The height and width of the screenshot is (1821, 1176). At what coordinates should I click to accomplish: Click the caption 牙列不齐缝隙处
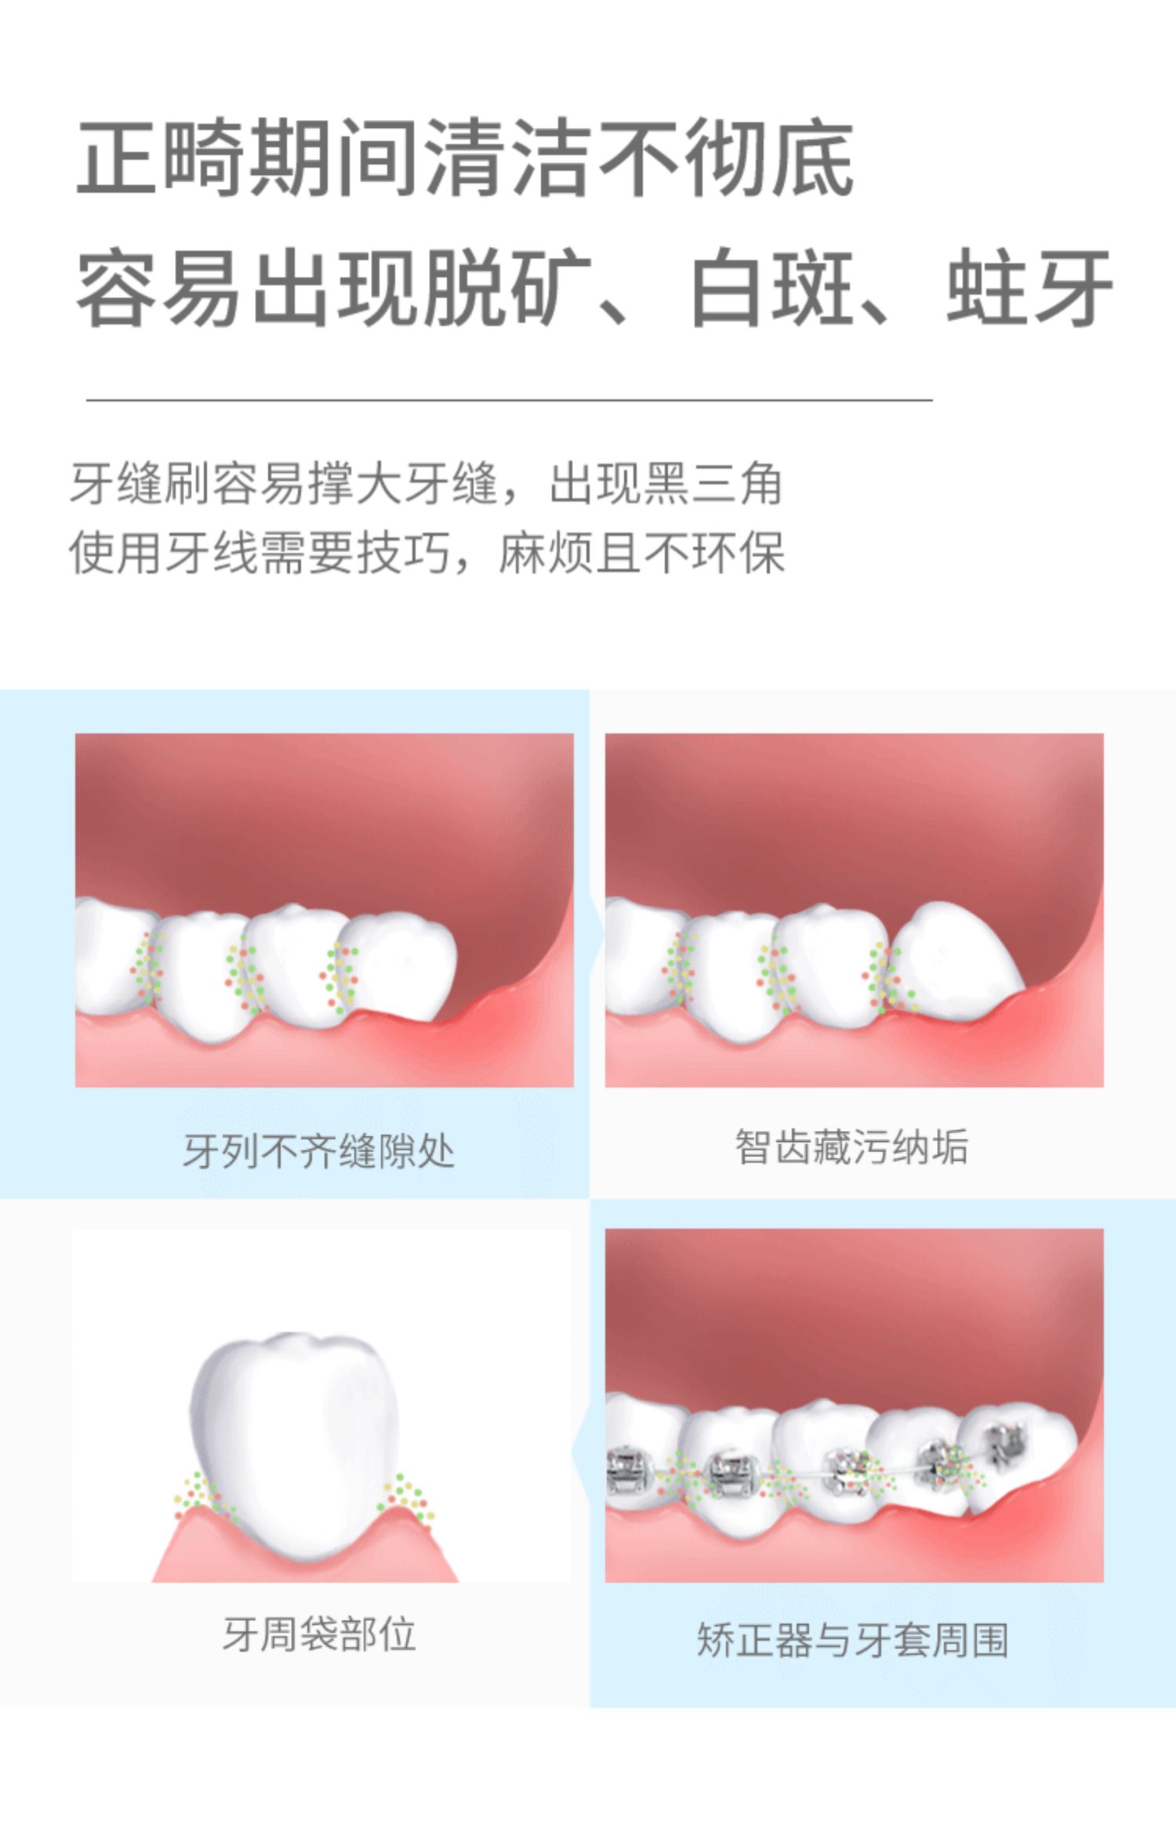(319, 1151)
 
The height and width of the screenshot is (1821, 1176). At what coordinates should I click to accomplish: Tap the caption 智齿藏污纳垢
(852, 1147)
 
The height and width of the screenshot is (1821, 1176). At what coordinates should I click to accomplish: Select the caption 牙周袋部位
(319, 1634)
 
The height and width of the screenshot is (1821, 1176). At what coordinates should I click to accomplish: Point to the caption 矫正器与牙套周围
(852, 1639)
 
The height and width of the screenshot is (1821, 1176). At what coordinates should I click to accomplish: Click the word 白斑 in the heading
(772, 287)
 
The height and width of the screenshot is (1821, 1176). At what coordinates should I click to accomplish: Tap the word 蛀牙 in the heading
(1029, 287)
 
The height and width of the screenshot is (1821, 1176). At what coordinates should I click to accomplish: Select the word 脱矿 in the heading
(506, 287)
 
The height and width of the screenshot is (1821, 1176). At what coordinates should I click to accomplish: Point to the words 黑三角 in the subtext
(713, 484)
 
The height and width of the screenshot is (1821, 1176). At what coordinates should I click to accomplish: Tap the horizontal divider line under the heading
(509, 400)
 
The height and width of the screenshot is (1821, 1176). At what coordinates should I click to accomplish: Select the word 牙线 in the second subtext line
(211, 553)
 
